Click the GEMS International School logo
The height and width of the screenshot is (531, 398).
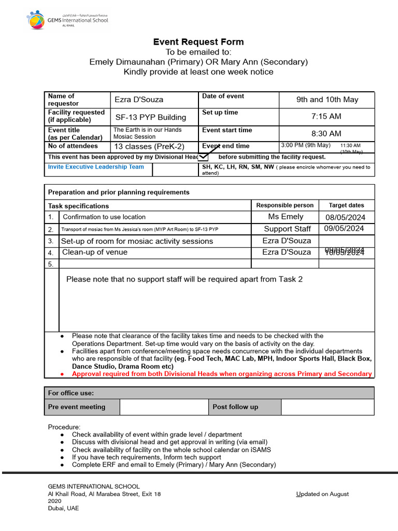pos(67,20)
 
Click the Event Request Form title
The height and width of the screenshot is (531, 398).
pos(198,42)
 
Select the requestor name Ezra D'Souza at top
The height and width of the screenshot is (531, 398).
pos(139,100)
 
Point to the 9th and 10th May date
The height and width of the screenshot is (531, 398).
pos(327,100)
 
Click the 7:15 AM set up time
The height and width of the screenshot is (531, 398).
pos(326,116)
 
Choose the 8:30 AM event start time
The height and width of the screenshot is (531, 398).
pos(326,134)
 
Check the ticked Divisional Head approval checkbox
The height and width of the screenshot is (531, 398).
pos(204,157)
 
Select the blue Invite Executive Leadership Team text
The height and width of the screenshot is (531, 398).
pos(96,167)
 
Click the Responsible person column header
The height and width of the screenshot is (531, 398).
pos(285,205)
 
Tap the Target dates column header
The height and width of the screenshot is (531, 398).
pos(346,205)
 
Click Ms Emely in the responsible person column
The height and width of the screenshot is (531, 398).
pos(286,217)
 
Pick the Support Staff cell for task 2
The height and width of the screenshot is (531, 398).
pos(287,229)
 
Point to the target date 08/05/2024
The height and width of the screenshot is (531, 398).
pos(345,217)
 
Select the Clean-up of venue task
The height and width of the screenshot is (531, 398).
pos(95,253)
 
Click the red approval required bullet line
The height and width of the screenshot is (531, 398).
pos(221,374)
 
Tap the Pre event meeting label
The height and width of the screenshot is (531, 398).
pos(77,407)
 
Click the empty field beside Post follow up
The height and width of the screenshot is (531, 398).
pos(327,407)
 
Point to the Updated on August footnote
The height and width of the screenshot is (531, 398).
pos(322,494)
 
